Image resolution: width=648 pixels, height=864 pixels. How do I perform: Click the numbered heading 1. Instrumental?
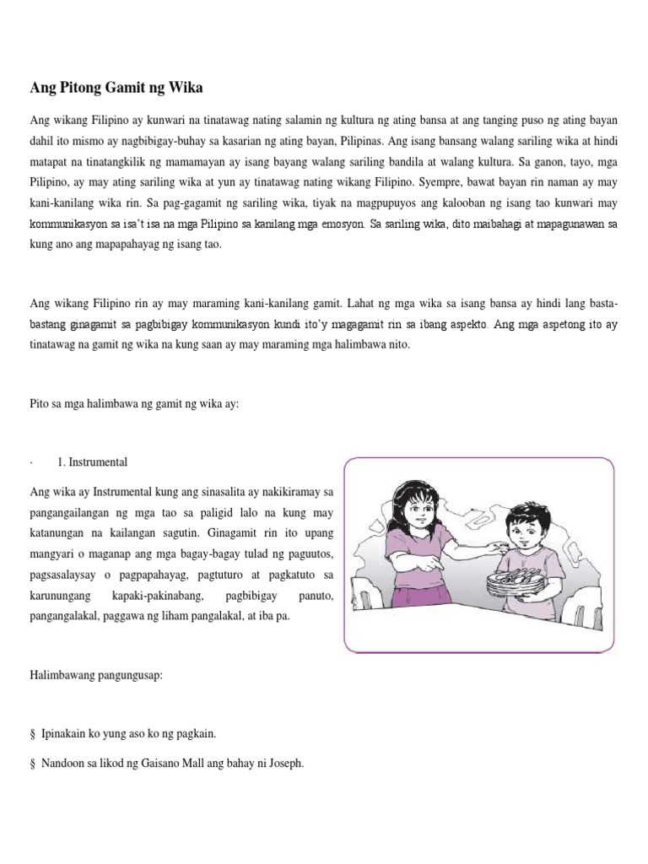(92, 462)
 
